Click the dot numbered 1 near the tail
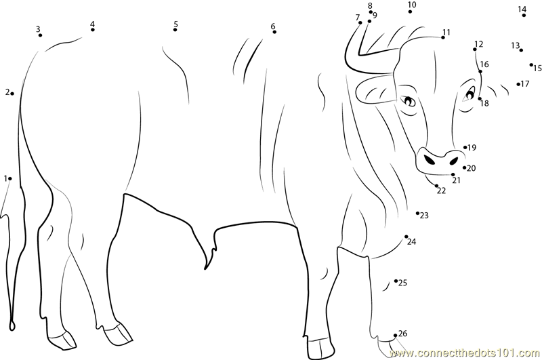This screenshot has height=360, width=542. coord(10,178)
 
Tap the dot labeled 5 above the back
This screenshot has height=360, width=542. coord(175,30)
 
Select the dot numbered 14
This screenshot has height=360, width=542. coord(524,15)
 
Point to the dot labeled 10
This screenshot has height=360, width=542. coord(411,12)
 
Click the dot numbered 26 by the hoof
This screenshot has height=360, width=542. coord(396,335)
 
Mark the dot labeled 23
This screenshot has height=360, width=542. coord(417,213)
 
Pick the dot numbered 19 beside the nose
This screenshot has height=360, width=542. coord(465,147)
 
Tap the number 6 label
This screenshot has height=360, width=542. coord(273,26)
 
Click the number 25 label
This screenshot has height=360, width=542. coord(402,283)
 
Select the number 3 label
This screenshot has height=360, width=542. coord(38,29)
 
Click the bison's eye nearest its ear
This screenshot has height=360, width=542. coord(409,101)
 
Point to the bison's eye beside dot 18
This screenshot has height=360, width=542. coord(470,92)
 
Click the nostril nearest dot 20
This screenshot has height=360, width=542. coord(453,161)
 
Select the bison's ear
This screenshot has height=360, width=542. coord(376,89)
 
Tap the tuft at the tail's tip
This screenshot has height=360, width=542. coord(12,324)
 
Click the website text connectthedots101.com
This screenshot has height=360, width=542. coord(464,353)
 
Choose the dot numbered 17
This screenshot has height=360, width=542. coord(518,84)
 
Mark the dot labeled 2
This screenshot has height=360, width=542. coord(12,94)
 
